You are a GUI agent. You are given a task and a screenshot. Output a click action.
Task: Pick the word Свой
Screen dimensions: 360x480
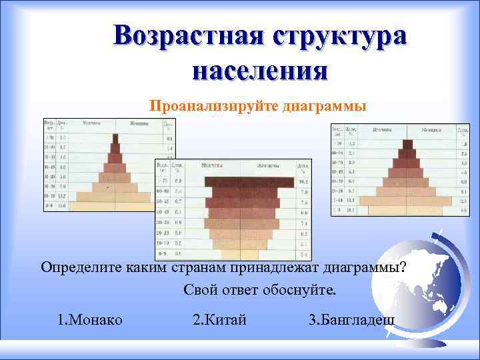point(200,291)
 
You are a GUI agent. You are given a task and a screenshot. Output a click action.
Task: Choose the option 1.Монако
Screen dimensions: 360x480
point(90,319)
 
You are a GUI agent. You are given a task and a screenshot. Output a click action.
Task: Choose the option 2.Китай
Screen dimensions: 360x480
point(219,319)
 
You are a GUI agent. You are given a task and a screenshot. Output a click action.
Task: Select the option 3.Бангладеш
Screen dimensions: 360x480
point(352,319)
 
